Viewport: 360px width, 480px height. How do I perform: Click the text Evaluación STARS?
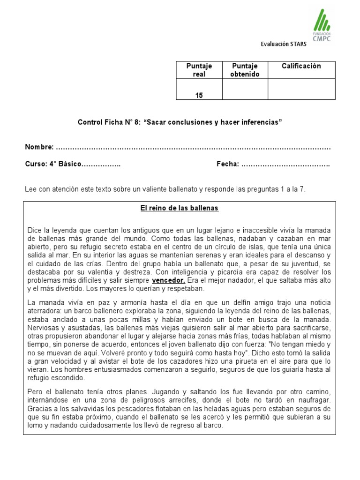(284, 45)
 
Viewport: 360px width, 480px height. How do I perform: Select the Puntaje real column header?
(199, 70)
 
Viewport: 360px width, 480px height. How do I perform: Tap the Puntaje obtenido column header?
(245, 70)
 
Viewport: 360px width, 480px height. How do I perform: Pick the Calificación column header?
(301, 66)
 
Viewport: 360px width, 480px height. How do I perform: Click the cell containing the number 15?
(199, 95)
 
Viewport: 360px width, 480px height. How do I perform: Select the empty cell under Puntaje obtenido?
(245, 89)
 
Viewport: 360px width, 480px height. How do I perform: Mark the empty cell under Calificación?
(301, 89)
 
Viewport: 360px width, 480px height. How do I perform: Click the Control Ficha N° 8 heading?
(180, 122)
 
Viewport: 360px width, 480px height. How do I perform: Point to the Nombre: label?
(39, 147)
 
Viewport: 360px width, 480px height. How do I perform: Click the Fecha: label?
(228, 165)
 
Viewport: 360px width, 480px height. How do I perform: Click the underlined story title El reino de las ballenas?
(180, 208)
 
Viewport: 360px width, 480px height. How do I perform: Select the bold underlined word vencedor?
(169, 280)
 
